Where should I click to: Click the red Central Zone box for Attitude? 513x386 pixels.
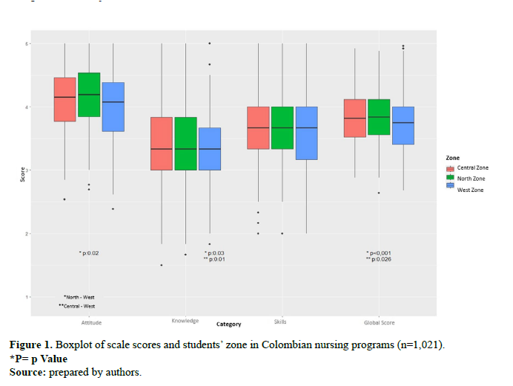tap(65, 99)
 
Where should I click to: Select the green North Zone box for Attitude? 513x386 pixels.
tap(89, 95)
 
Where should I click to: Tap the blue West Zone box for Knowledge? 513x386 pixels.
tap(210, 149)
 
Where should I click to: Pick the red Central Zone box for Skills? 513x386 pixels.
tap(258, 128)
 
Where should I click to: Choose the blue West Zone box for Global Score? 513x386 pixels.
tap(403, 125)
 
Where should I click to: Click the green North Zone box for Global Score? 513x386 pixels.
tap(379, 117)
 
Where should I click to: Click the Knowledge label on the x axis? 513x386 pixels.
tap(185, 321)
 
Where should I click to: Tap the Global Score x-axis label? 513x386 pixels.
tap(379, 323)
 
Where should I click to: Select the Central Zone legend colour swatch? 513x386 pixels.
tap(450, 168)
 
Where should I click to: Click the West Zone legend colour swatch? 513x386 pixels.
tap(450, 190)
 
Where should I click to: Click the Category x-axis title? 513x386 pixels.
tap(228, 324)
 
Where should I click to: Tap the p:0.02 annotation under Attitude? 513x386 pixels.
tap(89, 253)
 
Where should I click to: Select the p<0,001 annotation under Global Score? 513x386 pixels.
tap(379, 253)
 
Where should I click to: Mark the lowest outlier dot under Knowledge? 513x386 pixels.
tap(162, 265)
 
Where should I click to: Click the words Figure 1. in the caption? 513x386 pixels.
tap(31, 346)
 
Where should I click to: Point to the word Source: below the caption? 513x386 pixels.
tap(27, 371)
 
